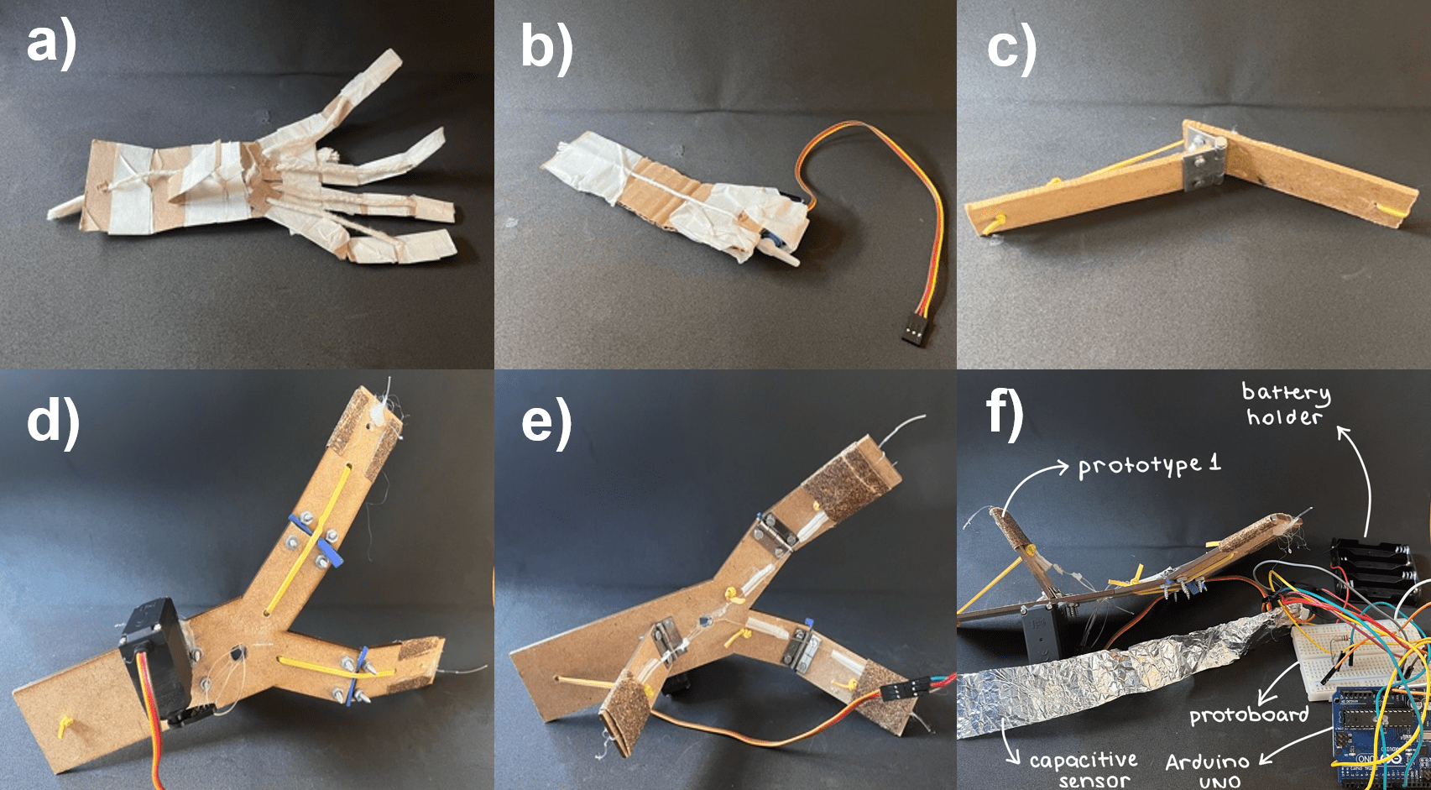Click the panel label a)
pyautogui.click(x=52, y=44)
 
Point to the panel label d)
pyautogui.click(x=54, y=421)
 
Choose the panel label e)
pyautogui.click(x=547, y=422)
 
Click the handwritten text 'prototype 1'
pyautogui.click(x=1150, y=464)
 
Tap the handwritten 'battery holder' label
pyautogui.click(x=1285, y=404)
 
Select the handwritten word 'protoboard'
pyautogui.click(x=1248, y=714)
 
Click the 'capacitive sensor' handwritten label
pyautogui.click(x=1084, y=770)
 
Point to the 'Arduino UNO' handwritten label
pyautogui.click(x=1208, y=771)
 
